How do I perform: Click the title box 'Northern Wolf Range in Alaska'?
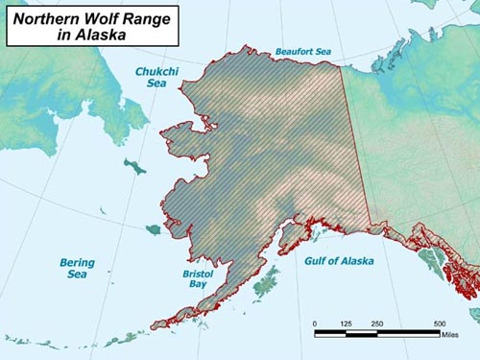pos(91,26)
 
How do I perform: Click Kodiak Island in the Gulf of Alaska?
pos(266,281)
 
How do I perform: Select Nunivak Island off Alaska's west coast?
pos(154,229)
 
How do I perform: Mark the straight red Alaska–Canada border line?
pos(356,144)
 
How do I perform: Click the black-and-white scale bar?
pos(377,333)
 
